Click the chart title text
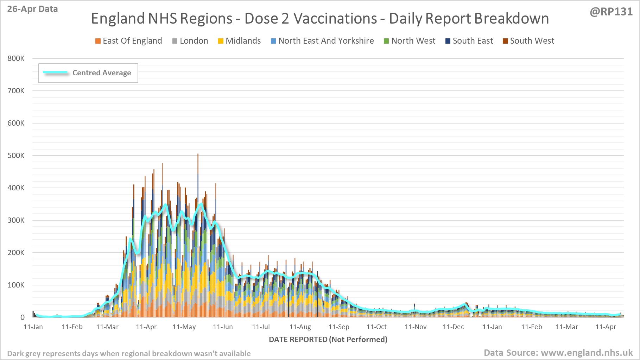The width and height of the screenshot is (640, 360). point(320,19)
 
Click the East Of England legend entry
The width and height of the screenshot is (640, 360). point(129,41)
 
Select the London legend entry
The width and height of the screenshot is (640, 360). point(190,41)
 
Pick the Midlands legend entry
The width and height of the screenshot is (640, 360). point(240,41)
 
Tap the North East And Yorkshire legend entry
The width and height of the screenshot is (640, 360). point(322,41)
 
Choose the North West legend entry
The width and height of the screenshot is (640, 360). point(410,41)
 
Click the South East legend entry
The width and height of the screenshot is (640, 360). point(469,41)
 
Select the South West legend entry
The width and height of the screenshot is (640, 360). point(528,41)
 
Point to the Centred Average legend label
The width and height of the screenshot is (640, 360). point(102,73)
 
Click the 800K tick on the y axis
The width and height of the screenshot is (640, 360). point(16,58)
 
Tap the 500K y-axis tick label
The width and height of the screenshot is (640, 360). point(16,156)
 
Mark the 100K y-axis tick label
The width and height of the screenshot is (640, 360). point(16,285)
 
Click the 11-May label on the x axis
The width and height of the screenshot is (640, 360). point(184,327)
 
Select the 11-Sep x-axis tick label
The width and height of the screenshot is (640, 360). point(339,327)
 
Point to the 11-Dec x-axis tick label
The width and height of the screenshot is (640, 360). point(453,327)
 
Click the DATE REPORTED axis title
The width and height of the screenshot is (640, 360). point(328,340)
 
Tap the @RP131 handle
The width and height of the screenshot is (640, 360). point(611,12)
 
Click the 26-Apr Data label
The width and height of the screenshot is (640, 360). point(32,9)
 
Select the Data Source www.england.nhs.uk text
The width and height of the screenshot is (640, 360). point(558,353)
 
